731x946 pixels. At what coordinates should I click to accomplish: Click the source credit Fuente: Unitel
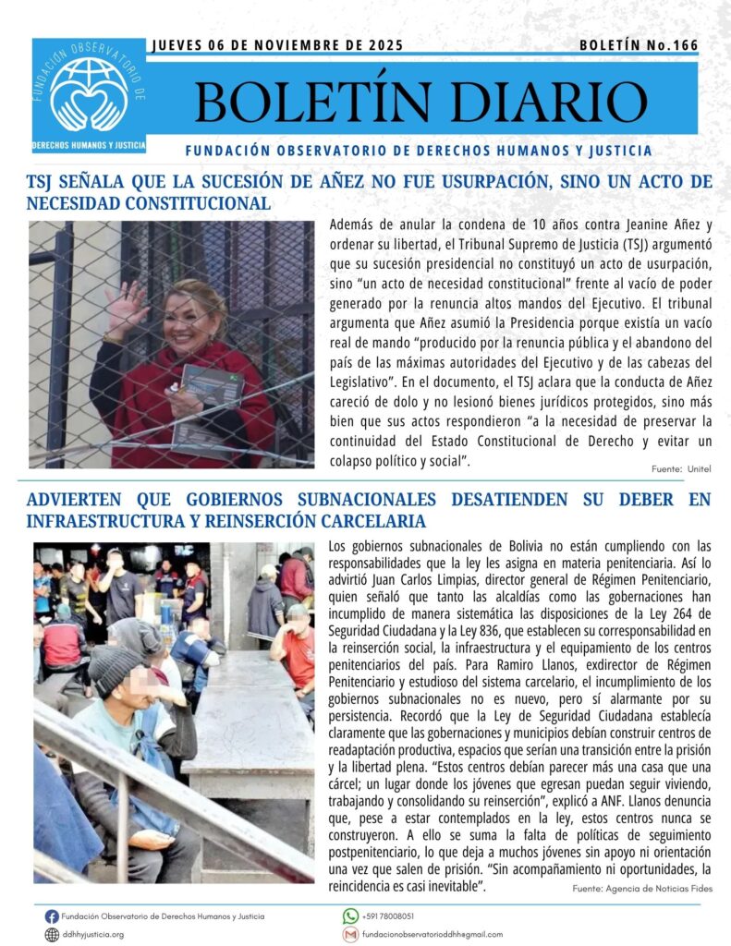point(681,469)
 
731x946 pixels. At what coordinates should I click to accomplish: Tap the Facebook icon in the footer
point(52,916)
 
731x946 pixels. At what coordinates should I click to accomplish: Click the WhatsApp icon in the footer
point(350,916)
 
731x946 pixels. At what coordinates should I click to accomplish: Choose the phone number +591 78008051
point(389,916)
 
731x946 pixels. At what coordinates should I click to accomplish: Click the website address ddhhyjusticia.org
point(92,935)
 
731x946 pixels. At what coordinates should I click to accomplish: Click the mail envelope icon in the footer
point(350,935)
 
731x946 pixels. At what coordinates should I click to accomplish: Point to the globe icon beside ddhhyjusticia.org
point(52,935)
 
